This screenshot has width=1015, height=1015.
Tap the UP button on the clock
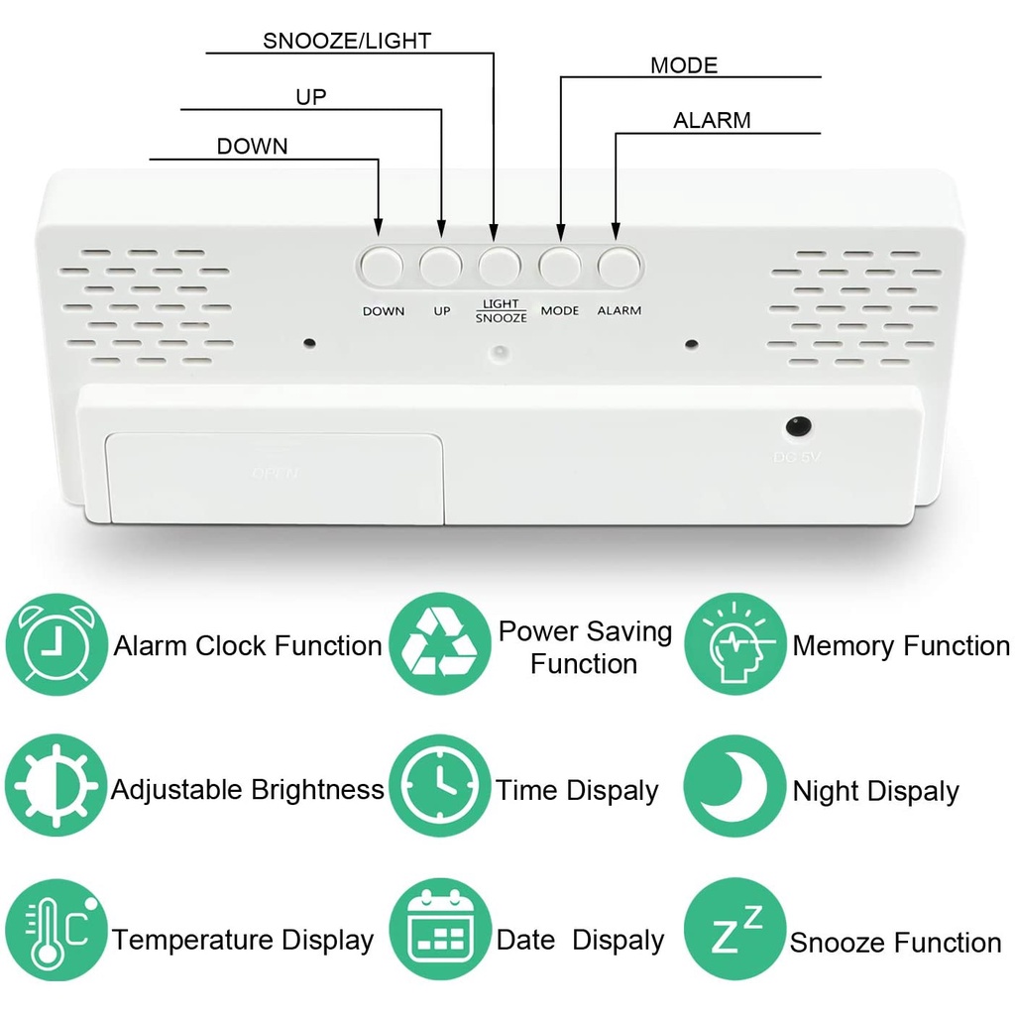[x=441, y=266]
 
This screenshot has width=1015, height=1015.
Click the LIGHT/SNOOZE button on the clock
[x=501, y=266]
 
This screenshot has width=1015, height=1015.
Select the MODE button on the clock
[x=559, y=266]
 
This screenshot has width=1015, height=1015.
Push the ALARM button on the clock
[x=619, y=266]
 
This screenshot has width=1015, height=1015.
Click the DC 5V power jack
[x=798, y=427]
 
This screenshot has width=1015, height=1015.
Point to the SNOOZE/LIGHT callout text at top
[x=346, y=41]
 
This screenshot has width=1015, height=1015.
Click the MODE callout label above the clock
[x=683, y=66]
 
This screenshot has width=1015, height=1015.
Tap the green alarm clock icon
[x=56, y=645]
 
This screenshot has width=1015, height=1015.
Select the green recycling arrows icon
[x=439, y=644]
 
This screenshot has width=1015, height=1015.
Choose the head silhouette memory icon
[x=734, y=644]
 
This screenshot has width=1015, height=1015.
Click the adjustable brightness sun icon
[x=56, y=789]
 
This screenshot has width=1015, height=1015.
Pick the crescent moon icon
[x=734, y=789]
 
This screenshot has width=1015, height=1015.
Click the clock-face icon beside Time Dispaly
[x=439, y=789]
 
